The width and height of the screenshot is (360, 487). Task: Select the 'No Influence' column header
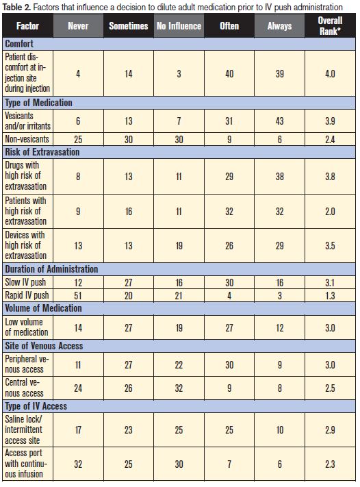pyautogui.click(x=179, y=26)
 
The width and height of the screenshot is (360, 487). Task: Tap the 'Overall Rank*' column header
pyautogui.click(x=331, y=26)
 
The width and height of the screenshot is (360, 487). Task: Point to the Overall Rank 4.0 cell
pyautogui.click(x=331, y=73)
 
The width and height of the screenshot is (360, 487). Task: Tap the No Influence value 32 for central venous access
pyautogui.click(x=179, y=388)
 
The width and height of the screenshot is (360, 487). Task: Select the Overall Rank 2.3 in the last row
pyautogui.click(x=331, y=464)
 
